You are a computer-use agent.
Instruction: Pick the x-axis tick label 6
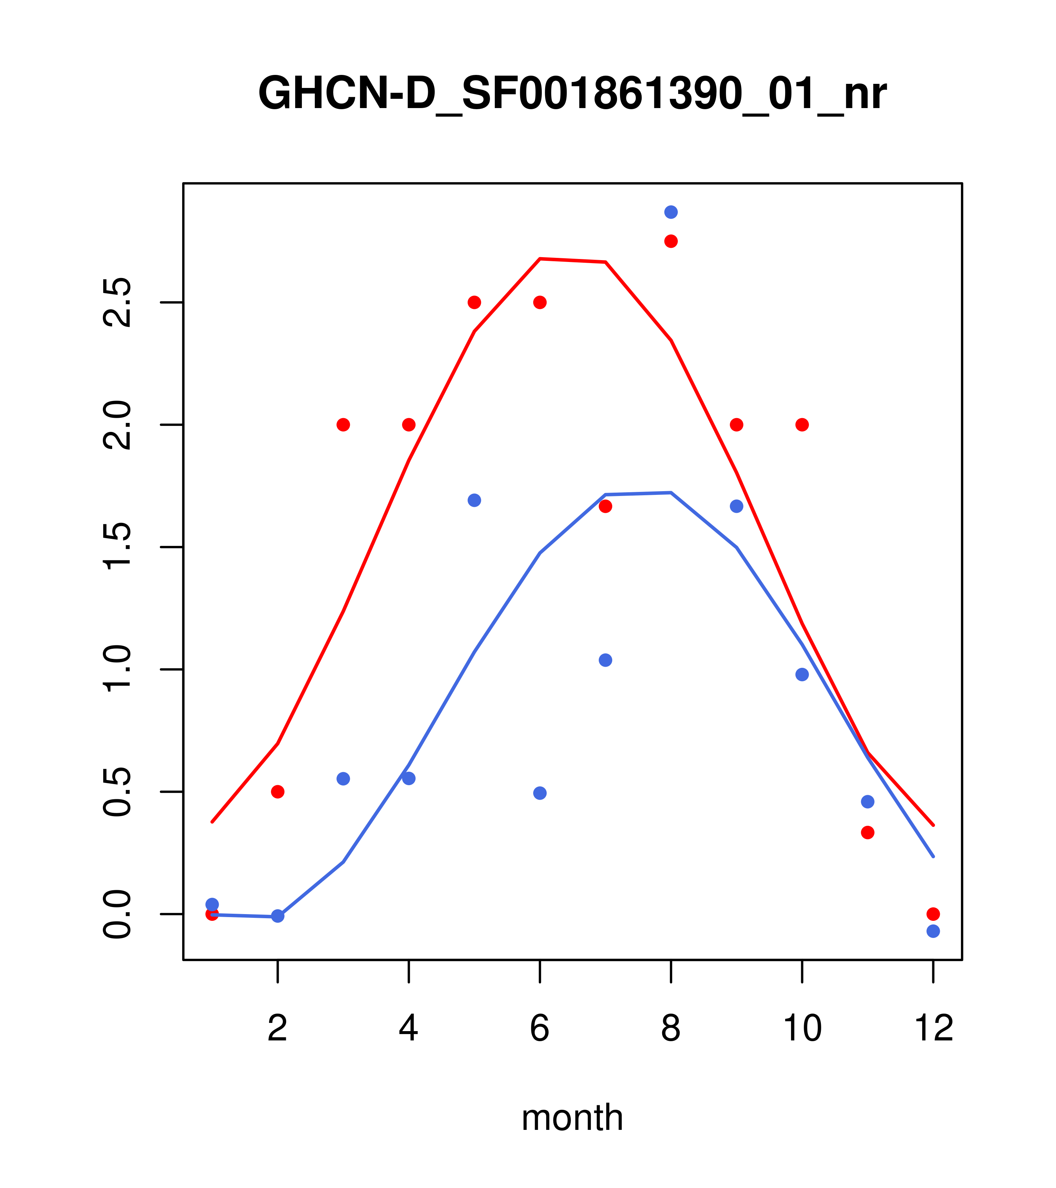[x=540, y=1029]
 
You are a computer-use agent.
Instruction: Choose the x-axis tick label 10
[x=802, y=1029]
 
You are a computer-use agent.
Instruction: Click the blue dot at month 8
[x=671, y=212]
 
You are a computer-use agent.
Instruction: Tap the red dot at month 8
[x=671, y=241]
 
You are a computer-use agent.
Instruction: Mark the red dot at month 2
[x=278, y=792]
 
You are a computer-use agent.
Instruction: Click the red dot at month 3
[x=344, y=425]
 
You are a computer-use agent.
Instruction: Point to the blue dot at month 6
[x=540, y=793]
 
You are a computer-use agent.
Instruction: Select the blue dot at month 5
[x=474, y=500]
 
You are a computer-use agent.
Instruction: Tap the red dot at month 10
[x=802, y=425]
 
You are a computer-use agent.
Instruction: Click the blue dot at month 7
[x=606, y=660]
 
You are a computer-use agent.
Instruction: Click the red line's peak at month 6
[x=540, y=259]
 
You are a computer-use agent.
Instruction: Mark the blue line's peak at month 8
[x=671, y=493]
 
